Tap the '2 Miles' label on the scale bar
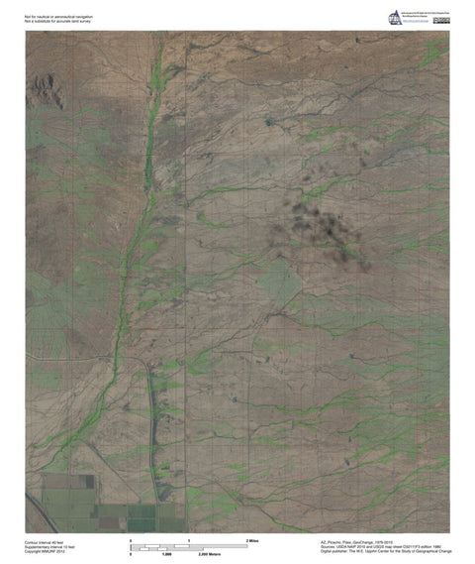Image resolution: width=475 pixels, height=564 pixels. click(x=252, y=540)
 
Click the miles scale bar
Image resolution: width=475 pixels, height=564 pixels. click(x=188, y=545)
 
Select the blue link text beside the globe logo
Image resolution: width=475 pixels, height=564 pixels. click(x=415, y=13)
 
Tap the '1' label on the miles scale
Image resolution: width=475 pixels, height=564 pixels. click(x=188, y=540)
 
